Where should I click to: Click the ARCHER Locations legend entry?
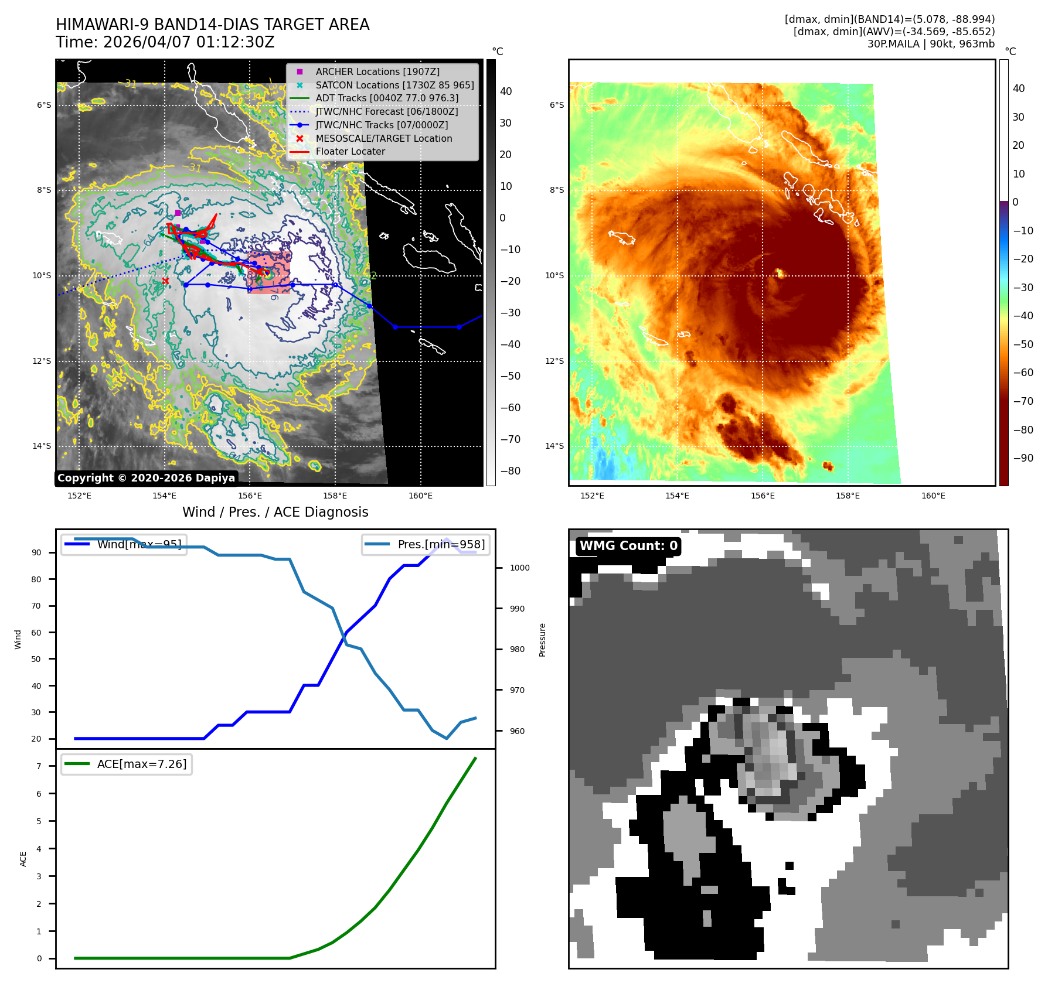coord(377,71)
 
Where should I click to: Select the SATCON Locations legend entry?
coord(394,85)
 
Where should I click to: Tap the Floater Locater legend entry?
coord(350,151)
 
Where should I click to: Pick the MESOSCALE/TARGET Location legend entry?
coord(383,138)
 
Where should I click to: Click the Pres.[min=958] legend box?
coord(426,544)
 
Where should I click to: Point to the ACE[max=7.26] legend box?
coord(127,764)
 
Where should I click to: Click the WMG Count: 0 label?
coord(628,546)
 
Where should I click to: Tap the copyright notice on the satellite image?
coord(146,478)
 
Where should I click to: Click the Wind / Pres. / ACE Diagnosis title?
coord(275,512)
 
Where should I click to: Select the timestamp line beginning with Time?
coord(165,42)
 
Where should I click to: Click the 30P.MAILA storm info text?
coord(931,44)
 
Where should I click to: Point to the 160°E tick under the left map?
coord(420,496)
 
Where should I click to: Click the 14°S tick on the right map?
coord(554,446)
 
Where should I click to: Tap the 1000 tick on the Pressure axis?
coord(519,568)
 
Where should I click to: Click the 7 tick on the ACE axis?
coord(39,766)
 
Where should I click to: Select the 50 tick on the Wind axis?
coord(36,659)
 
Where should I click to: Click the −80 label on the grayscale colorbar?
coord(510,471)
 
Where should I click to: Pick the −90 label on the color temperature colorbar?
coord(1023,458)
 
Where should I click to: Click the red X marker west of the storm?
coord(165,281)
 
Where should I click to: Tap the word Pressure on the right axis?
coord(542,640)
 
